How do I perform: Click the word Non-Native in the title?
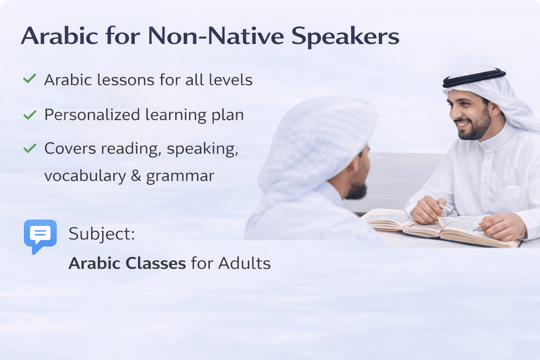point(216,36)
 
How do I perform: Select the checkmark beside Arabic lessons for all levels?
point(30,79)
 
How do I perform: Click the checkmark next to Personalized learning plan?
point(30,115)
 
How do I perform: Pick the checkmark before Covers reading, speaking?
point(30,148)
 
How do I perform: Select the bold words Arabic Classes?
point(127,263)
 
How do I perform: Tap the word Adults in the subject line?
point(244,263)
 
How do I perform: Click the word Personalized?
point(92,114)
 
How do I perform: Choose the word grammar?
point(180,176)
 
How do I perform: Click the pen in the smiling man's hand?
point(446,208)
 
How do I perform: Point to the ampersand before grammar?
point(136,175)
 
